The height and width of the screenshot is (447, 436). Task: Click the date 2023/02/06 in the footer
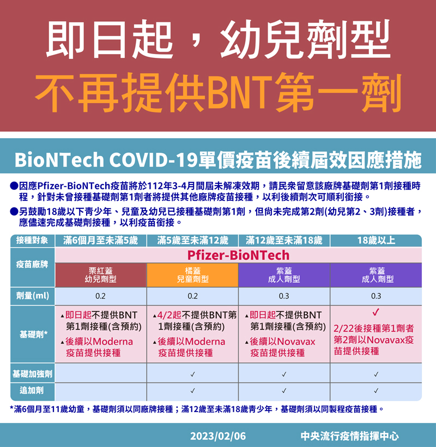pyautogui.click(x=217, y=436)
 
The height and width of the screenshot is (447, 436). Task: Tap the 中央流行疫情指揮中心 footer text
pyautogui.click(x=349, y=436)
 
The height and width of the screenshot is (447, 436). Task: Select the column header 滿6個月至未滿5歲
pyautogui.click(x=100, y=241)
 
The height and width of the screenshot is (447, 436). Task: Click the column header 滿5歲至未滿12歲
pyautogui.click(x=193, y=241)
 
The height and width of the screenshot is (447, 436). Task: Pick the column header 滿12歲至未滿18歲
pyautogui.click(x=284, y=241)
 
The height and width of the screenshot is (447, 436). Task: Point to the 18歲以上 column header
pyautogui.click(x=376, y=241)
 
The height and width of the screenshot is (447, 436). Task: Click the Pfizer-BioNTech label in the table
pyautogui.click(x=238, y=255)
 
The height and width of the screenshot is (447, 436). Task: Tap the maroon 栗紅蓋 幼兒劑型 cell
pyautogui.click(x=101, y=275)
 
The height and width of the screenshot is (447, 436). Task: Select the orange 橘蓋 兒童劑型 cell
pyautogui.click(x=193, y=275)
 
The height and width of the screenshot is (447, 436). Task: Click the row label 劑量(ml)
pyautogui.click(x=33, y=296)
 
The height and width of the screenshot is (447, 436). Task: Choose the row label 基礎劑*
pyautogui.click(x=33, y=334)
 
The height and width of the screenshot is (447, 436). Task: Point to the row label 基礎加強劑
pyautogui.click(x=33, y=373)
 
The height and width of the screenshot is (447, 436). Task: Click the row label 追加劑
pyautogui.click(x=32, y=390)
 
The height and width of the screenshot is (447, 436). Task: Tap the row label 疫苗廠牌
pyautogui.click(x=32, y=265)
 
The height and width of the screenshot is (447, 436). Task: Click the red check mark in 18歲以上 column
pyautogui.click(x=376, y=312)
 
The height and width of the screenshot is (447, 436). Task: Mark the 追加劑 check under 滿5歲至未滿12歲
pyautogui.click(x=193, y=391)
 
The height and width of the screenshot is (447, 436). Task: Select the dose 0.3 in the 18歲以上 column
pyautogui.click(x=376, y=296)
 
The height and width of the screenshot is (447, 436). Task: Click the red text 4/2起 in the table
pyautogui.click(x=169, y=315)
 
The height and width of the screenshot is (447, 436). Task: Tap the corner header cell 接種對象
pyautogui.click(x=32, y=240)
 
